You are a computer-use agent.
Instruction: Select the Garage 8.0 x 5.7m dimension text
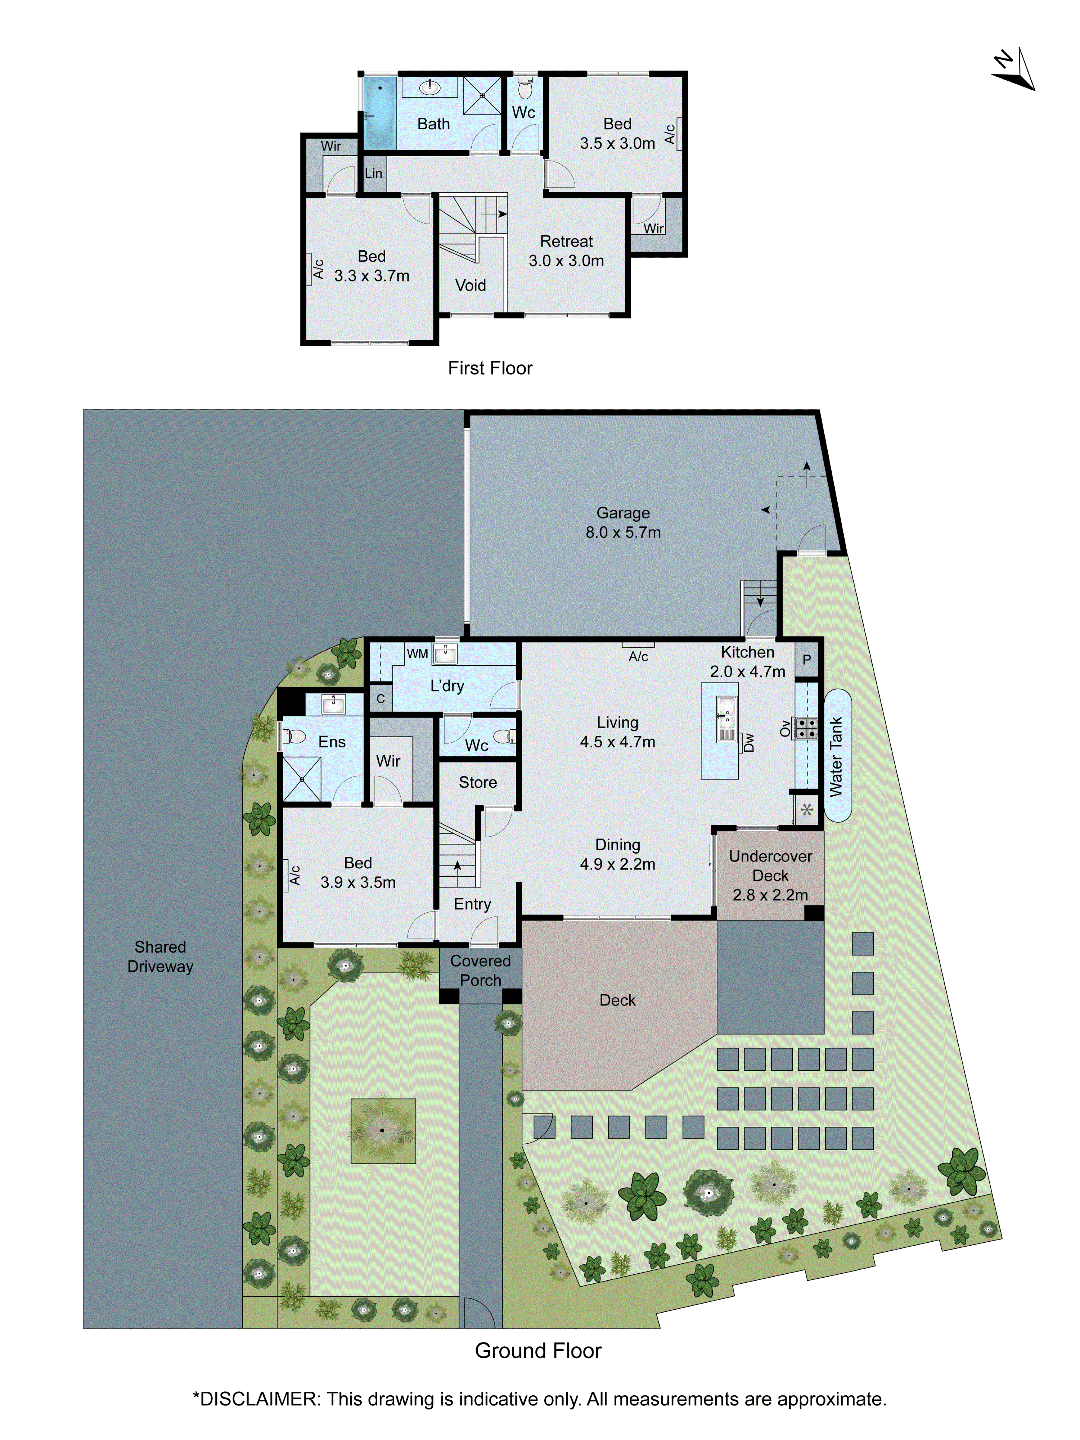(623, 532)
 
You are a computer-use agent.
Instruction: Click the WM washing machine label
(417, 654)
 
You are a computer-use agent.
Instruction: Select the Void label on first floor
(470, 285)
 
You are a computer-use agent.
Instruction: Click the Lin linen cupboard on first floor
(374, 173)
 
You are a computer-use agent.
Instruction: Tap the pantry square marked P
(807, 660)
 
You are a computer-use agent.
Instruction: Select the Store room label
(478, 783)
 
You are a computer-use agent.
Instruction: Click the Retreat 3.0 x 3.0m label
(566, 251)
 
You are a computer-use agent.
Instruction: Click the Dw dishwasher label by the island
(749, 742)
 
